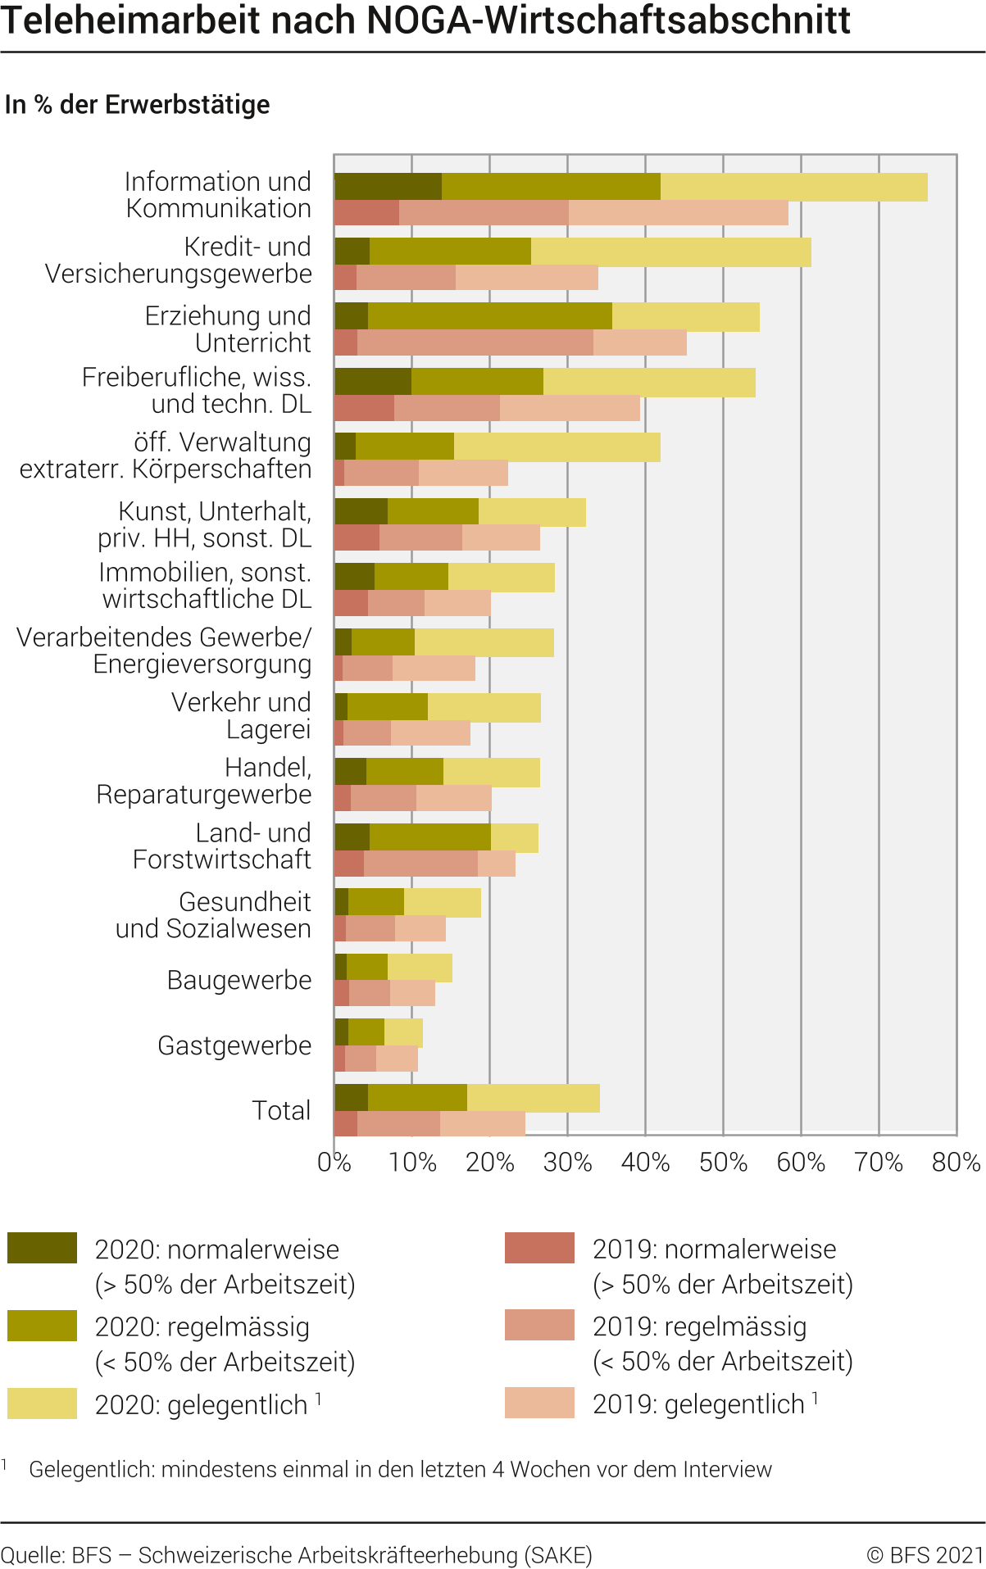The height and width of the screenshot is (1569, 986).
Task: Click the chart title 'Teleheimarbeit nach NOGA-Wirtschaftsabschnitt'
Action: [425, 20]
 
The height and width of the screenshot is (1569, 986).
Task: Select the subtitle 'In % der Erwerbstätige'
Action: [137, 105]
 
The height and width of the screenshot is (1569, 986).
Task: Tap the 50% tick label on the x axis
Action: [723, 1163]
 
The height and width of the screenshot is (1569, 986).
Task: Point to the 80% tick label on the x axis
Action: [956, 1163]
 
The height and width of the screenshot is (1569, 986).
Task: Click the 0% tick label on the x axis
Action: [334, 1163]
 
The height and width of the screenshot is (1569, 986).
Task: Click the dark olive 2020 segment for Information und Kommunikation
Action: [388, 187]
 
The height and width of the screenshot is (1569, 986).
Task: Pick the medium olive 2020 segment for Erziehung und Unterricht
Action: [489, 317]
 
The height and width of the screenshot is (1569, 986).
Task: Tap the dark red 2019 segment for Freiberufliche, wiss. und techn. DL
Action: [364, 408]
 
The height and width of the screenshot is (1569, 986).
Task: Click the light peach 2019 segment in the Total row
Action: [482, 1124]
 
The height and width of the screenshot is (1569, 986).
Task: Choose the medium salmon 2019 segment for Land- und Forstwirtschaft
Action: [420, 864]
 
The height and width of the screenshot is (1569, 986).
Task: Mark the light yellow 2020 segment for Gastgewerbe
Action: [403, 1033]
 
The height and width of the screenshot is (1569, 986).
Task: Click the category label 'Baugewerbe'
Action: [239, 980]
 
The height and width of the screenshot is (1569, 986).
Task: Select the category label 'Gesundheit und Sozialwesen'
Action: [213, 915]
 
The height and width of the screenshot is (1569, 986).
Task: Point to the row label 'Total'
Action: [281, 1111]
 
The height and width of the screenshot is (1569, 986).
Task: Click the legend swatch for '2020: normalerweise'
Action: [42, 1248]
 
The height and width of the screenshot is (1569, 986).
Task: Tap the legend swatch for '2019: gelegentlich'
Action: [539, 1403]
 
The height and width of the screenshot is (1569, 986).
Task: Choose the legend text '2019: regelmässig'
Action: [699, 1326]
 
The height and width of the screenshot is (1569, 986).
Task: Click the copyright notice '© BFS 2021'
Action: [925, 1554]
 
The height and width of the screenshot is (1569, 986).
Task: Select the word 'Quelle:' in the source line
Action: [32, 1554]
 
